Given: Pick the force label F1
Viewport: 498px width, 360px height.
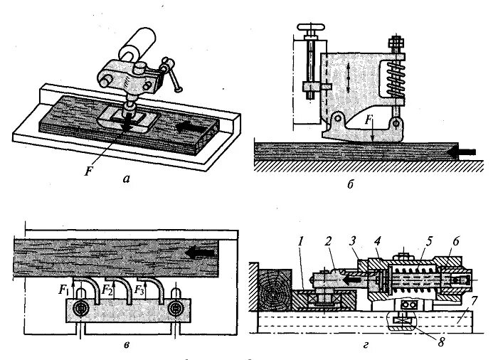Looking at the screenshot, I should [63, 291].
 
